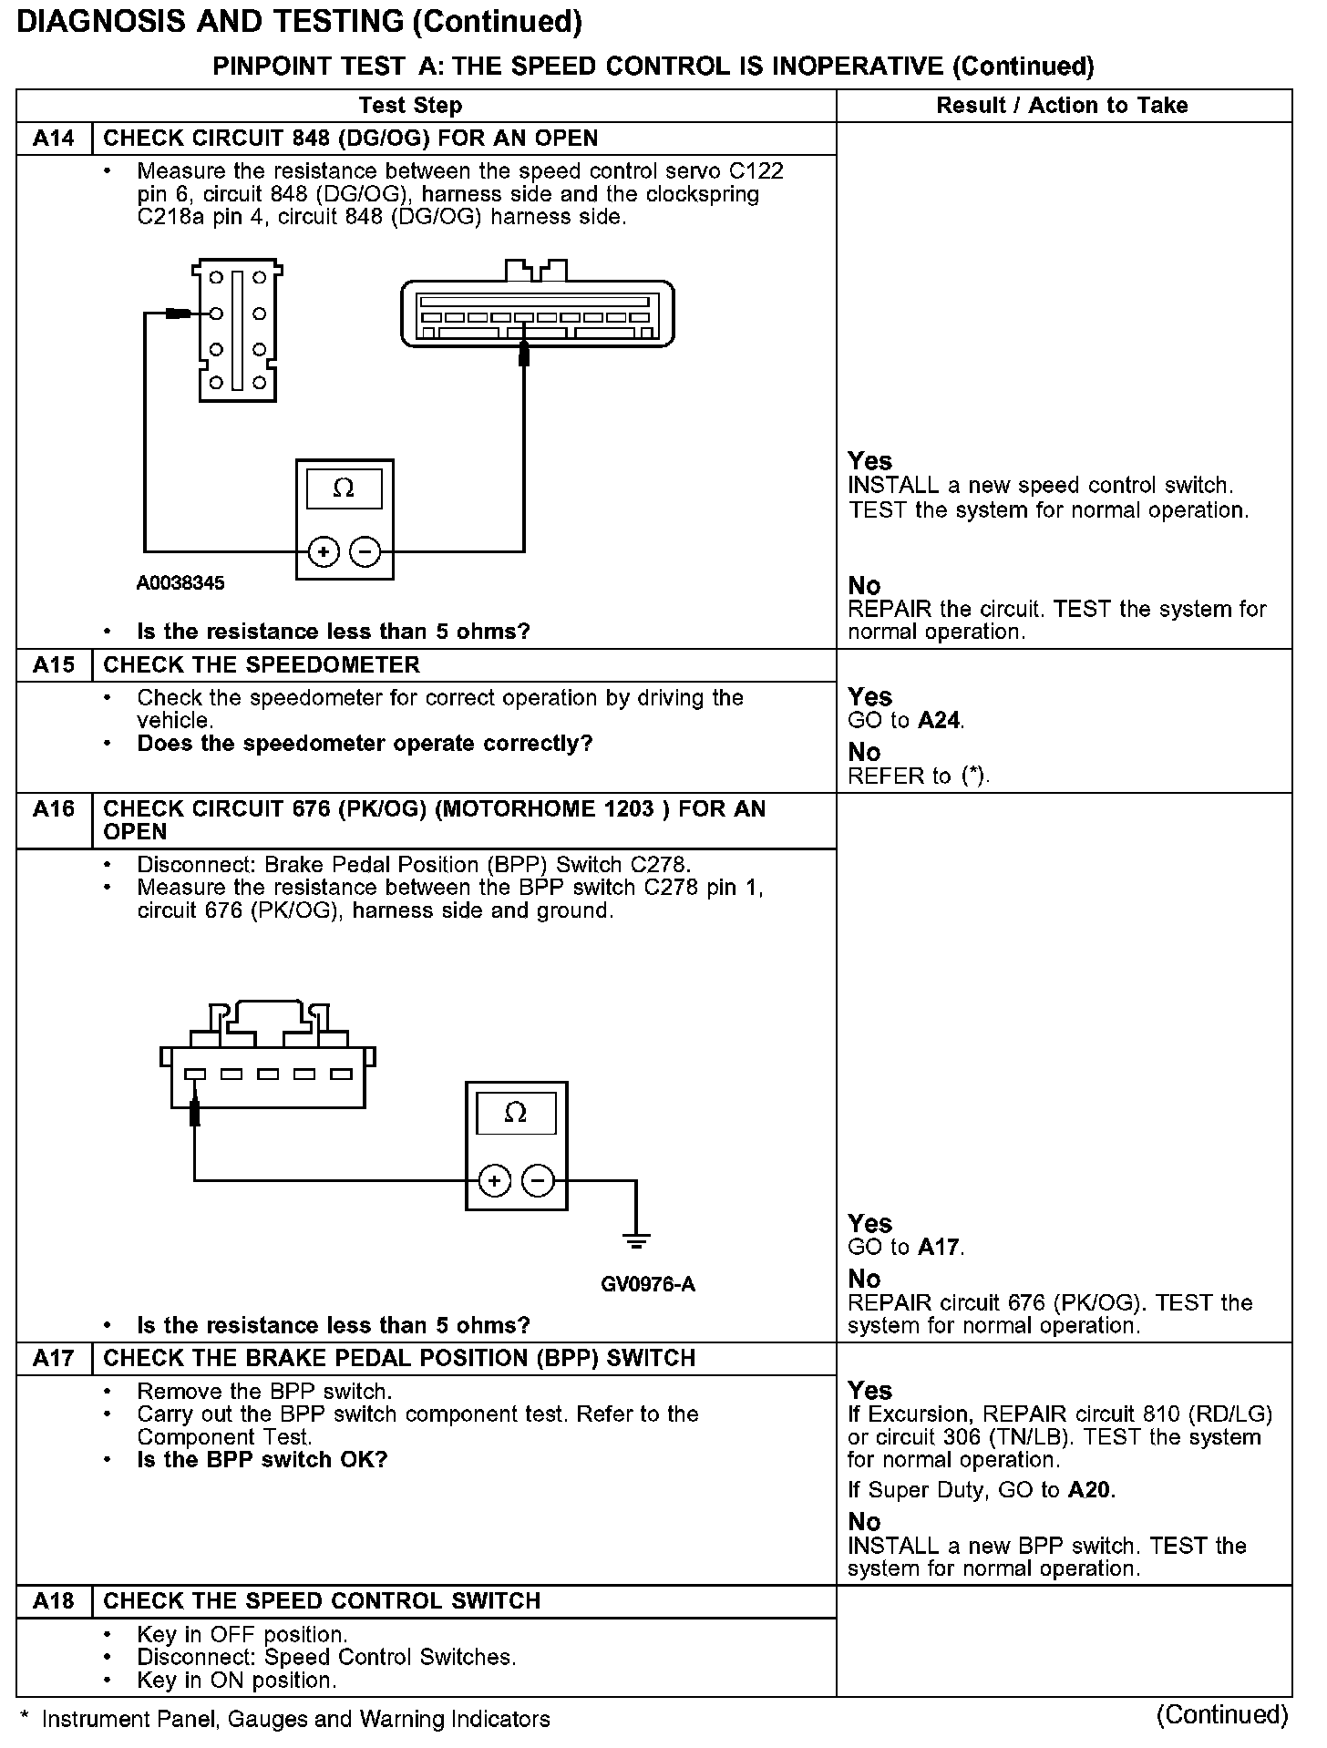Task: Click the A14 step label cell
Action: (54, 139)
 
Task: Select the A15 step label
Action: (54, 665)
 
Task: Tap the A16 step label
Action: (54, 809)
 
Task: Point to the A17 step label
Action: (54, 1359)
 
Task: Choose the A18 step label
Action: (54, 1601)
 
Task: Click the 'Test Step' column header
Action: (410, 106)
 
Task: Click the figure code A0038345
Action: (180, 583)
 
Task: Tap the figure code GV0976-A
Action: (648, 1285)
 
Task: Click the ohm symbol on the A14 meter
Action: (344, 488)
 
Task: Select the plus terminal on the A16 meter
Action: (494, 1182)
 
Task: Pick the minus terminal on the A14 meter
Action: (365, 551)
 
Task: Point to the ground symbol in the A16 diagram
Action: (636, 1240)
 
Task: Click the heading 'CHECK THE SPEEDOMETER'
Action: (262, 665)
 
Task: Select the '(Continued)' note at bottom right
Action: (1221, 1714)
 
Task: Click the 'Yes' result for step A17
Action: (869, 1390)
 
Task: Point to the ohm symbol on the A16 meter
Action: (516, 1113)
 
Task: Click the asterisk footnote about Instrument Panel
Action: (285, 1719)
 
